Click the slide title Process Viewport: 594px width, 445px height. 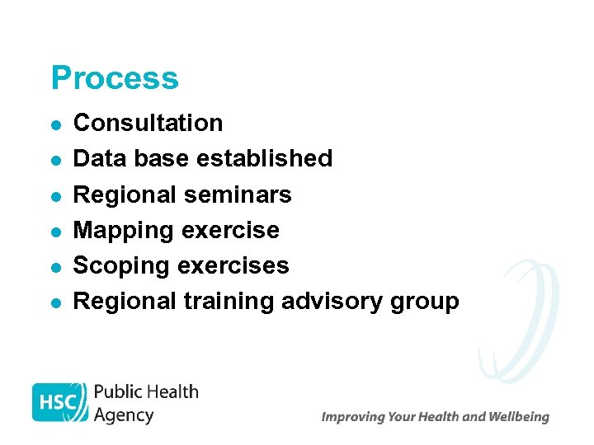pyautogui.click(x=114, y=78)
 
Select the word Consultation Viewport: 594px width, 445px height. pyautogui.click(x=148, y=123)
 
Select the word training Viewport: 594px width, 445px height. pyautogui.click(x=229, y=302)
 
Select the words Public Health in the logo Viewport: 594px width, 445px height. pyautogui.click(x=146, y=391)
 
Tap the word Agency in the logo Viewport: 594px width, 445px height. pyautogui.click(x=124, y=415)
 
